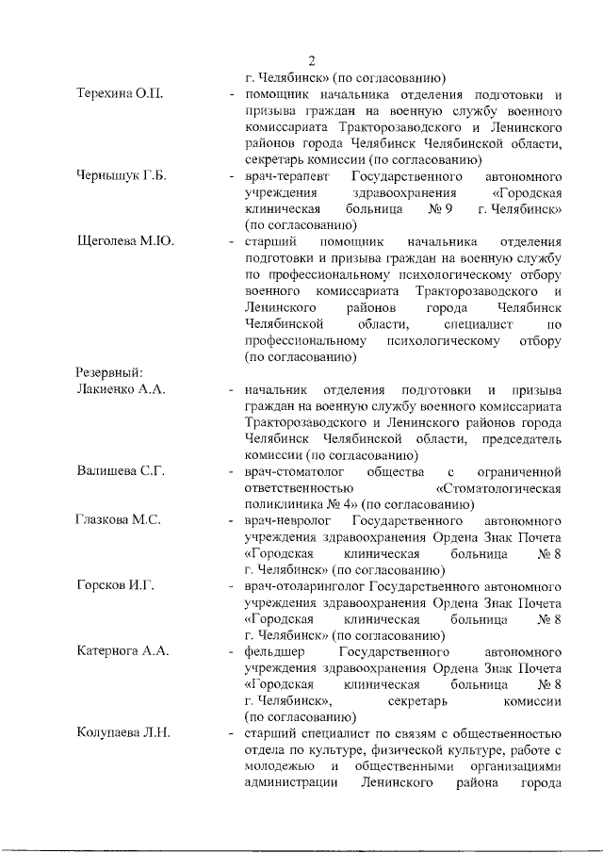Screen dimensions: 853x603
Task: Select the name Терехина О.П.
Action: pos(120,95)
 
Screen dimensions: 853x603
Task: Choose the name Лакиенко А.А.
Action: pos(122,389)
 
